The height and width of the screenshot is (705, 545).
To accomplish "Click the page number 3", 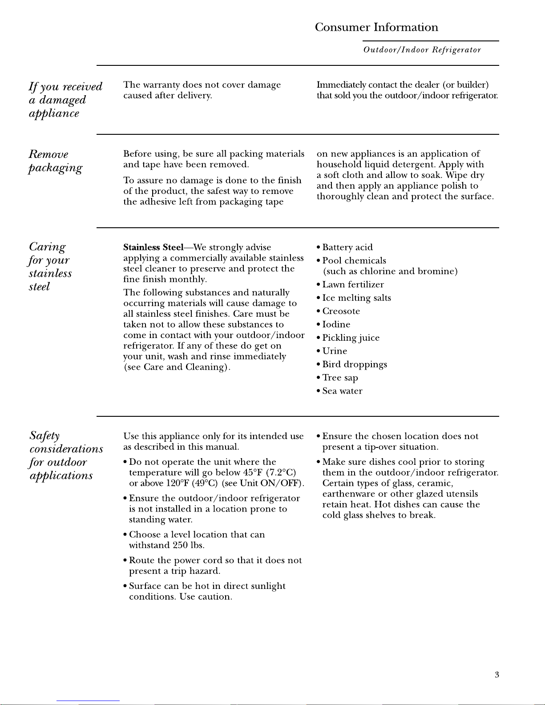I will pyautogui.click(x=497, y=675).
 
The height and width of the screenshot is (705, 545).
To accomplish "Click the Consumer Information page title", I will pyautogui.click(x=376, y=28).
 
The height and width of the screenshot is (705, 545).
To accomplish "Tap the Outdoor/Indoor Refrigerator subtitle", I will pyautogui.click(x=422, y=50).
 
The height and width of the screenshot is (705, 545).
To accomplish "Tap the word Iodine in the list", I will pyautogui.click(x=336, y=325).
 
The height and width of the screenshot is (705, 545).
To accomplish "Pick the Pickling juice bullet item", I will pyautogui.click(x=351, y=338).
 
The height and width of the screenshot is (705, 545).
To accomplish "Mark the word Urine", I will pyautogui.click(x=335, y=351).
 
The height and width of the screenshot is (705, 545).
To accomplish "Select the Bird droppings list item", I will pyautogui.click(x=355, y=365).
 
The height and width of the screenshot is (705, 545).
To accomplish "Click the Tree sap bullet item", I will pyautogui.click(x=340, y=378).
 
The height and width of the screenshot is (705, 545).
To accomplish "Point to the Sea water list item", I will pyautogui.click(x=342, y=391).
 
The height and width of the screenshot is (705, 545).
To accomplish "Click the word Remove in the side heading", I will pyautogui.click(x=48, y=155).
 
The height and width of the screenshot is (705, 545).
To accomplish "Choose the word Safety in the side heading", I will pyautogui.click(x=44, y=435).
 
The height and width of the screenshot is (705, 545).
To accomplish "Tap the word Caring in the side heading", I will pyautogui.click(x=47, y=247).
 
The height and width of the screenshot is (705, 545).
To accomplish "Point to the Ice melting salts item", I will pyautogui.click(x=356, y=298).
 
